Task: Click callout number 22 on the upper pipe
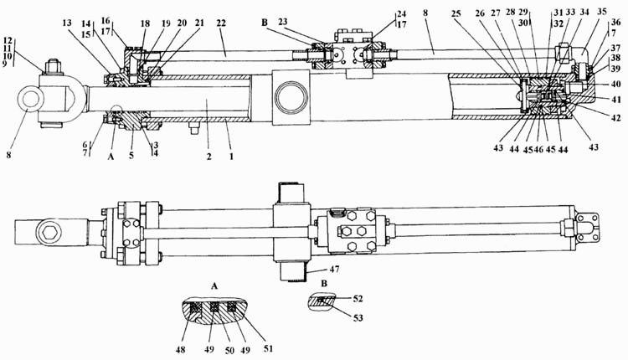click(221, 23)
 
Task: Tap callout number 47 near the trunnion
click(334, 269)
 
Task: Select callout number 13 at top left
click(67, 23)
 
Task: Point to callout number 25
click(456, 13)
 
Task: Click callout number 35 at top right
click(602, 11)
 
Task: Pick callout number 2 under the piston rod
click(208, 157)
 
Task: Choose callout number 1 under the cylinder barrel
click(231, 157)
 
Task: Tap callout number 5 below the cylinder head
click(131, 156)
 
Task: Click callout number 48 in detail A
click(181, 350)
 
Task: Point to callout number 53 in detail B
click(358, 317)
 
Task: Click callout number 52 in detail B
click(358, 299)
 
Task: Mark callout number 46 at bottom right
click(538, 149)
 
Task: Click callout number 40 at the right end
click(615, 84)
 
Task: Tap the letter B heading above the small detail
click(324, 284)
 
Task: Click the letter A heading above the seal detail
click(214, 286)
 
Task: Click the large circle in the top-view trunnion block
click(291, 96)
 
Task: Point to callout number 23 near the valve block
click(283, 22)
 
